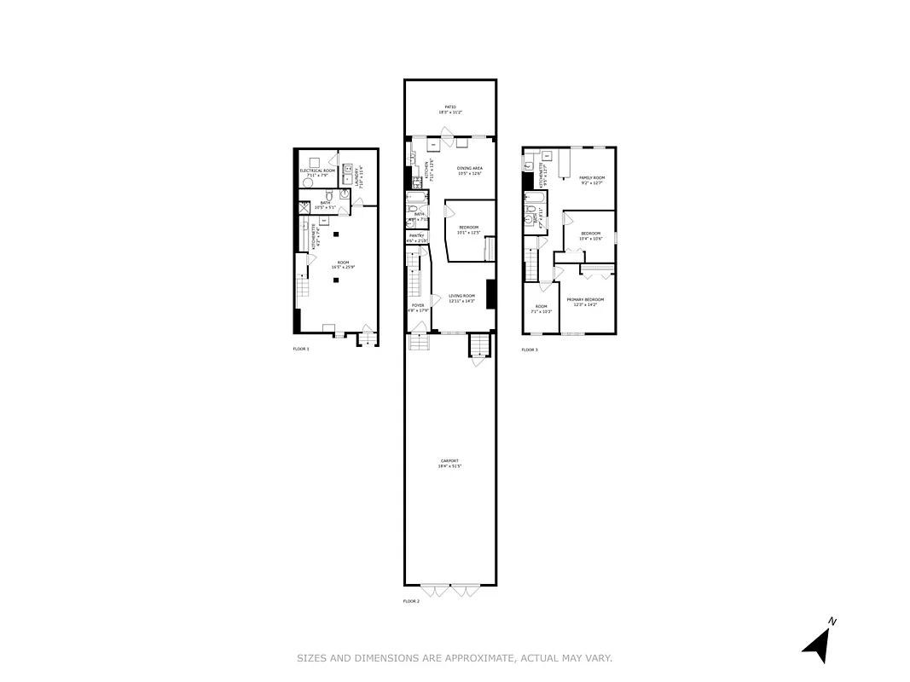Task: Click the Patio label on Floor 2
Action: point(449,109)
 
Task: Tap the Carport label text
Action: point(449,463)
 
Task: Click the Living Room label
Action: point(462,298)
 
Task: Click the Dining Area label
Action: point(470,170)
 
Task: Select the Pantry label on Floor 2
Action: point(417,238)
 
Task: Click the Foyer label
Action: point(418,307)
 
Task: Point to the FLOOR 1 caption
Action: point(301,349)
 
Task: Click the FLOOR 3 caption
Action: point(530,350)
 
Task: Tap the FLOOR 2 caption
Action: point(411,601)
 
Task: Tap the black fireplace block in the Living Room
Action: point(491,294)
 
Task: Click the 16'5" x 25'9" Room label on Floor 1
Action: point(343,265)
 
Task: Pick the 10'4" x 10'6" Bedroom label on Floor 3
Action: point(591,236)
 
